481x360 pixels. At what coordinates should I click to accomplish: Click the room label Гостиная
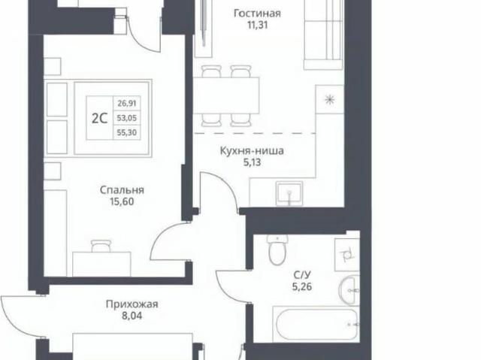tap(257, 14)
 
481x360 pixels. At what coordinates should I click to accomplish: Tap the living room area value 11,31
tap(257, 25)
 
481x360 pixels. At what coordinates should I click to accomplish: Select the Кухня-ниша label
tap(252, 151)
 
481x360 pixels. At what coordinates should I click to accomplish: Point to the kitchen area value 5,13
tap(253, 162)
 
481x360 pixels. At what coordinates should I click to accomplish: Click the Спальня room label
tap(122, 190)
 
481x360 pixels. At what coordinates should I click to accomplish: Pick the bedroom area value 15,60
tap(122, 201)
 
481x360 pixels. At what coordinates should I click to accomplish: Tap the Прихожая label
tap(132, 304)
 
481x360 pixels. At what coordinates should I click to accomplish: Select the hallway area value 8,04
tap(132, 316)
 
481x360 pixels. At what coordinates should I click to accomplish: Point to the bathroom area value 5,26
tap(302, 286)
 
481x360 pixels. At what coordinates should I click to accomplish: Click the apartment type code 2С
tap(100, 118)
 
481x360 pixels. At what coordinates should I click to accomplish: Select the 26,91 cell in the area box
tap(127, 103)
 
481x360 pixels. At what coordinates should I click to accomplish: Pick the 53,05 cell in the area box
tap(127, 118)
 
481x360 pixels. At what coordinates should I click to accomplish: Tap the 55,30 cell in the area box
tap(127, 133)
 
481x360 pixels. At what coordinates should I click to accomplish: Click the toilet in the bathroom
tap(277, 250)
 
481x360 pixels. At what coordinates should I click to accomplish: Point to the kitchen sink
tap(289, 193)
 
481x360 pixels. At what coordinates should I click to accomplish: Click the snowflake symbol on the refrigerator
tap(330, 100)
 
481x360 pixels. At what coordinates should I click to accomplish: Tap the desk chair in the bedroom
tap(101, 246)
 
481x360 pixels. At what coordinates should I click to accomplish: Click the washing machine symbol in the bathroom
tap(347, 255)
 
